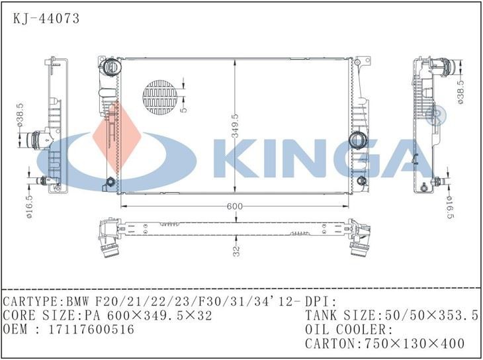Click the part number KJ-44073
coord(46,19)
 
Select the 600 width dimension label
coord(234,206)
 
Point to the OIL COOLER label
coord(349,330)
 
